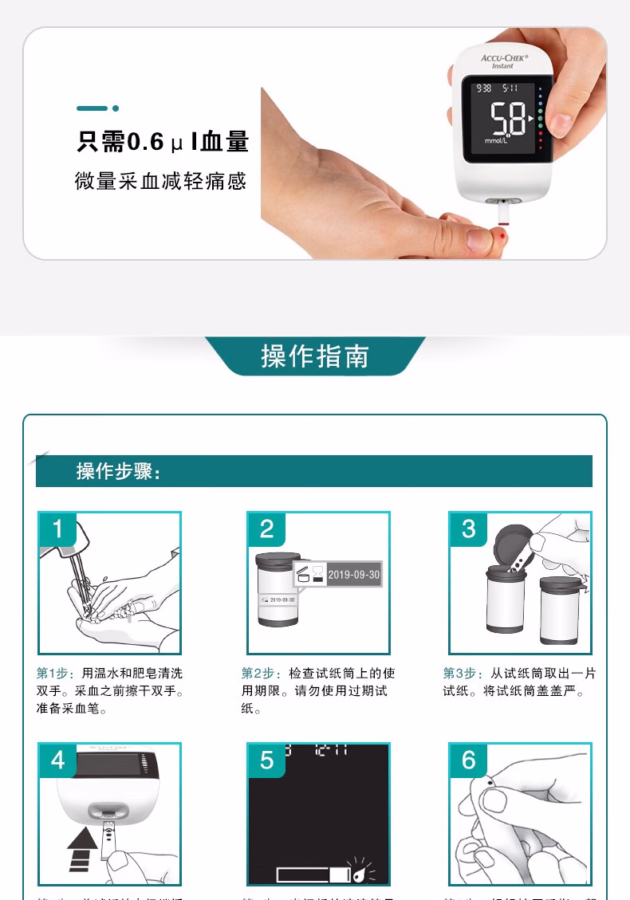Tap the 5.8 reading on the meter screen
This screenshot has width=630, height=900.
tap(507, 122)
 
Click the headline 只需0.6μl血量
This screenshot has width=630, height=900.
tap(163, 142)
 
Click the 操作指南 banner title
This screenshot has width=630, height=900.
tap(315, 356)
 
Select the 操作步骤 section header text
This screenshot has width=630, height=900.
tap(119, 471)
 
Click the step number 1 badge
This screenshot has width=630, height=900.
tap(58, 529)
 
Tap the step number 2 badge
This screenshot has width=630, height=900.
tap(266, 529)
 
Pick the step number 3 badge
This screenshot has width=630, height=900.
tap(468, 529)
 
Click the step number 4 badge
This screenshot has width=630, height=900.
tap(58, 760)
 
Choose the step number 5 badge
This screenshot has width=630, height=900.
tap(266, 760)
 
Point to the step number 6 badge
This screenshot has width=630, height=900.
tap(468, 760)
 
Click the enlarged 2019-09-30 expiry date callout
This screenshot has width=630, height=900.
tap(353, 575)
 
